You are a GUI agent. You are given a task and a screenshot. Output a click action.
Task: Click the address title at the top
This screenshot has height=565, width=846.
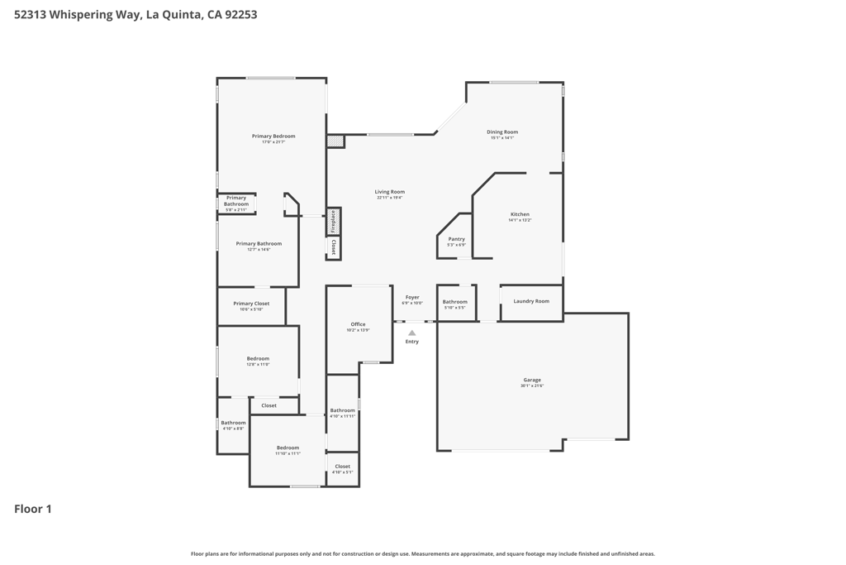click(x=135, y=15)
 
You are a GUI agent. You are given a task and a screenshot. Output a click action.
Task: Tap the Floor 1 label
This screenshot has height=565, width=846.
click(x=33, y=509)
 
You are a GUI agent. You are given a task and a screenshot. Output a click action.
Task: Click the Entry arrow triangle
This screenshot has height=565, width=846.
click(x=411, y=333)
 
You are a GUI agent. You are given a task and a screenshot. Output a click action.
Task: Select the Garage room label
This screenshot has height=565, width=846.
click(x=532, y=381)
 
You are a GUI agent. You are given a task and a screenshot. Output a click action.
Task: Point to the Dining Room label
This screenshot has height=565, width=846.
click(x=501, y=132)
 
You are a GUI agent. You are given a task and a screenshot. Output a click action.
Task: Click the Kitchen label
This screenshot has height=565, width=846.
click(x=520, y=214)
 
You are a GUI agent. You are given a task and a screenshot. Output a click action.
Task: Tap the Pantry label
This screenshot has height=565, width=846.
click(x=456, y=239)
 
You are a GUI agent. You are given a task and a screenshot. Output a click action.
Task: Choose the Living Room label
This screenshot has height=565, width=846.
click(x=389, y=192)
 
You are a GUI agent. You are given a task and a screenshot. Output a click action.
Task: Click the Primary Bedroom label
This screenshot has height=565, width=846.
click(x=273, y=136)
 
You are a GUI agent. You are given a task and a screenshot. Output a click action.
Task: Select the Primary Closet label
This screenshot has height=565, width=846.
click(x=251, y=304)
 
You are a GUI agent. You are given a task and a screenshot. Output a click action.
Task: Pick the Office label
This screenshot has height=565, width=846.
click(x=358, y=324)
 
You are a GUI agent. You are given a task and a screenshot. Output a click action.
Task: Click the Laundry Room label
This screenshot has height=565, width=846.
click(x=531, y=301)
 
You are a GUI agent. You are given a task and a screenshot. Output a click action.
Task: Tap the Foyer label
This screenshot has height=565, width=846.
click(x=412, y=297)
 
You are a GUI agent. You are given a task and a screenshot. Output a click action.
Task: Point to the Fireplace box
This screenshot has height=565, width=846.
click(x=334, y=222)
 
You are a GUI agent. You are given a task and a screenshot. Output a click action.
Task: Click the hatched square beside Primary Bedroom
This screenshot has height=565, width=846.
click(x=335, y=141)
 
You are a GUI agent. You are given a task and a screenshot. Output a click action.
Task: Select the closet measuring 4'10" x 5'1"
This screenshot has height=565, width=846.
click(x=342, y=467)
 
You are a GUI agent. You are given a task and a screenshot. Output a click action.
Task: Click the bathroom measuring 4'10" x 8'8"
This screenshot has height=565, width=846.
click(x=233, y=423)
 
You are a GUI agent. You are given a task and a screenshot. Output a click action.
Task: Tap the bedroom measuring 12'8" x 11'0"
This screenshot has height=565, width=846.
click(x=258, y=359)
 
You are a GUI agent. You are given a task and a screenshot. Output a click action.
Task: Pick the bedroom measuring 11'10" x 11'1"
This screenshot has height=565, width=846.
click(x=288, y=448)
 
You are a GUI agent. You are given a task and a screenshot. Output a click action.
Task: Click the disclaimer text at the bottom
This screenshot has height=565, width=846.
click(x=423, y=554)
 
